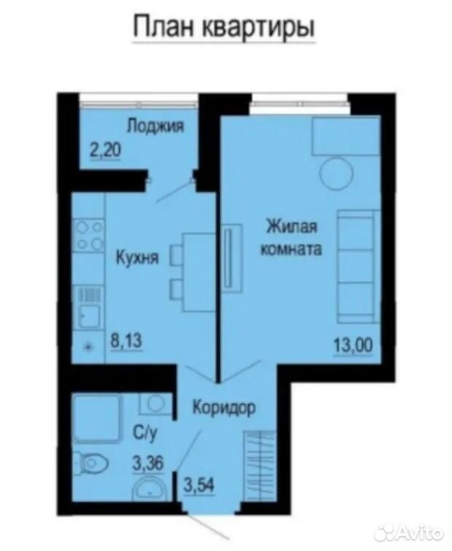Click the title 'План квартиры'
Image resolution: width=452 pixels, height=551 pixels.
pos(224,27)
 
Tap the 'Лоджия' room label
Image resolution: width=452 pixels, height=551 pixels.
pos(155,126)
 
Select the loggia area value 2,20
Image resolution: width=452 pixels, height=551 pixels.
pos(106,150)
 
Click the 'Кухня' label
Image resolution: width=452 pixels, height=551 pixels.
pos(137,258)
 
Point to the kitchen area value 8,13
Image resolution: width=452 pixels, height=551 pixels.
pos(126,340)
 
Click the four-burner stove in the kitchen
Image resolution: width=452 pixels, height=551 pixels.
pos(89,235)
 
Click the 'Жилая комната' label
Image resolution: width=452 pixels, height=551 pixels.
pos(291,237)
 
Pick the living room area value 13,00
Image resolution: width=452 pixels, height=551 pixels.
pos(353,345)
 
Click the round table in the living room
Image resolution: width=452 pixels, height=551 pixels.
pos(337,174)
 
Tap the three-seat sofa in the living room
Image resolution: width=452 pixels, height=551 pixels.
pos(359,266)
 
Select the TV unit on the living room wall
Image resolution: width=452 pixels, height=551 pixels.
pos(232,258)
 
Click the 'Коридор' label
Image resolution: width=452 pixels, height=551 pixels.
pos(225,409)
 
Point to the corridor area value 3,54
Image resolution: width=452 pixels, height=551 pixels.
pos(199,485)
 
